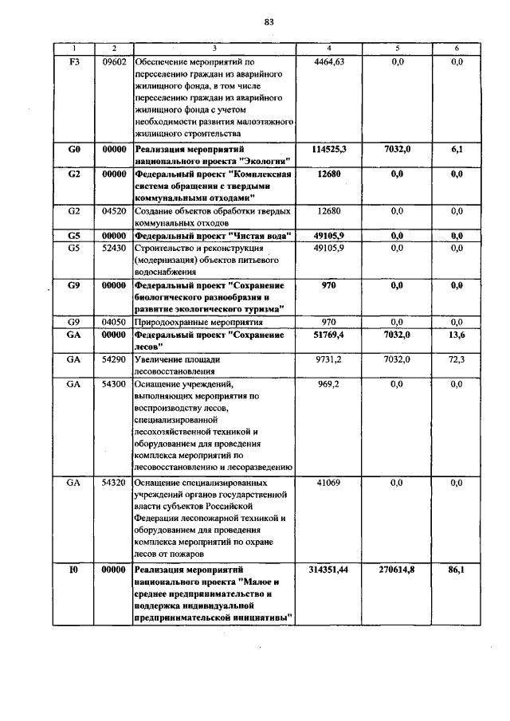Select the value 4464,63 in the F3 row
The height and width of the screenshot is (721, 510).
(x=329, y=61)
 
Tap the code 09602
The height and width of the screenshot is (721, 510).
(x=115, y=61)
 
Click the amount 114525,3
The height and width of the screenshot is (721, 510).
(x=329, y=149)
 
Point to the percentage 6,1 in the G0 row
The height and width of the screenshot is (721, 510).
(x=457, y=149)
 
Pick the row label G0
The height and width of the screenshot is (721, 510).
(x=74, y=149)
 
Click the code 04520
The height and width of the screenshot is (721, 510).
(x=115, y=211)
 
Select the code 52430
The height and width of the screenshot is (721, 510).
(x=115, y=249)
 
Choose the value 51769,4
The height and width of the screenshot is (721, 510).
(x=329, y=335)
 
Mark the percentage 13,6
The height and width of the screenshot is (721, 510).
(x=457, y=335)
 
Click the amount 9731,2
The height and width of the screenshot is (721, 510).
(x=329, y=360)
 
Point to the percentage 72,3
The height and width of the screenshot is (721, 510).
(x=457, y=360)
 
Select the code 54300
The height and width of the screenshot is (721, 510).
(x=115, y=384)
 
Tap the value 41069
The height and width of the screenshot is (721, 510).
(x=329, y=483)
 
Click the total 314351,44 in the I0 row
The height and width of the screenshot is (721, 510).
(x=329, y=570)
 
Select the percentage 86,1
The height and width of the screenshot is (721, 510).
(x=457, y=570)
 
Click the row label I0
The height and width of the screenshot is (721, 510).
(x=74, y=570)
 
